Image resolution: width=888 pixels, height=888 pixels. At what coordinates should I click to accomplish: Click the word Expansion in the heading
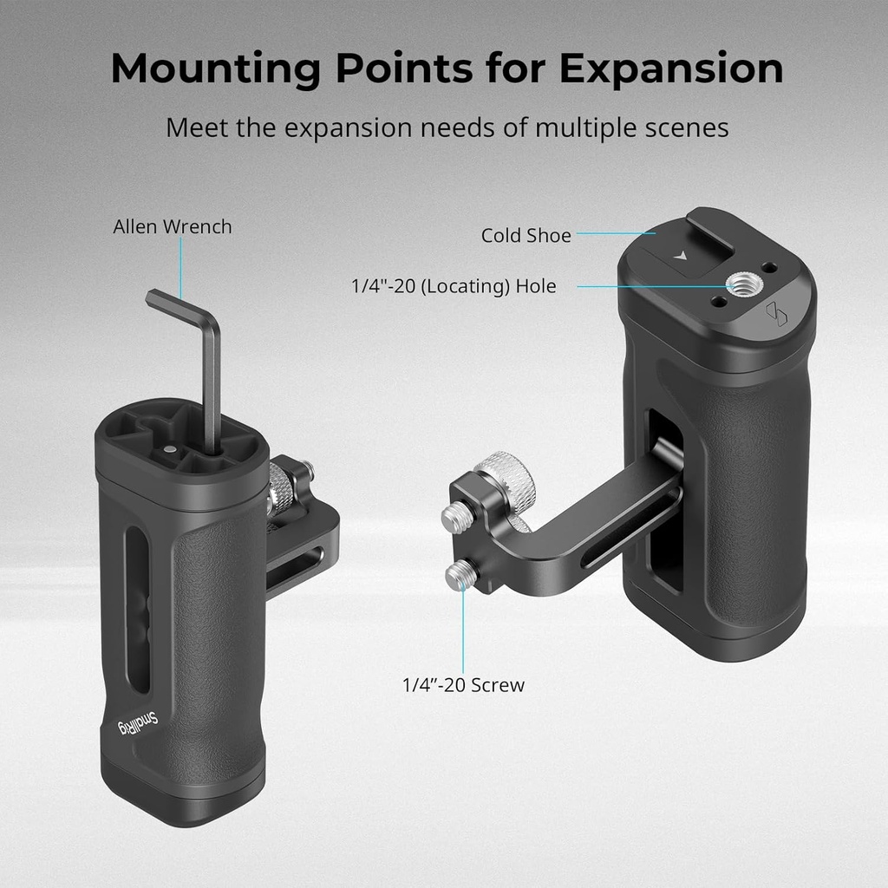670,69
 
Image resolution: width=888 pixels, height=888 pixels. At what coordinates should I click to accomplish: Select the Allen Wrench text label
173,227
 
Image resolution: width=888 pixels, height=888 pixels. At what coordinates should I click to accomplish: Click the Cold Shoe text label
526,236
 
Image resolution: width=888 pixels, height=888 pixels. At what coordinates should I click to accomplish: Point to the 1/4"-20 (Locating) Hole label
454,286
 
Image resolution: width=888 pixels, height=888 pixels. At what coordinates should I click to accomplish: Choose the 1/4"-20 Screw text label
463,685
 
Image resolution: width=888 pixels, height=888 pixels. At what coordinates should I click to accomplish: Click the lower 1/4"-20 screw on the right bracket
460,575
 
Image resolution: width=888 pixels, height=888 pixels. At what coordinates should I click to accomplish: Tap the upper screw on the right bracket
454,519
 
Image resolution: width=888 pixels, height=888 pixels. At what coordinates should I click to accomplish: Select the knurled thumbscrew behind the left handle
279,490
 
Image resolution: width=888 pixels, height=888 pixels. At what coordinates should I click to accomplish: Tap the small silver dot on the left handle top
171,449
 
